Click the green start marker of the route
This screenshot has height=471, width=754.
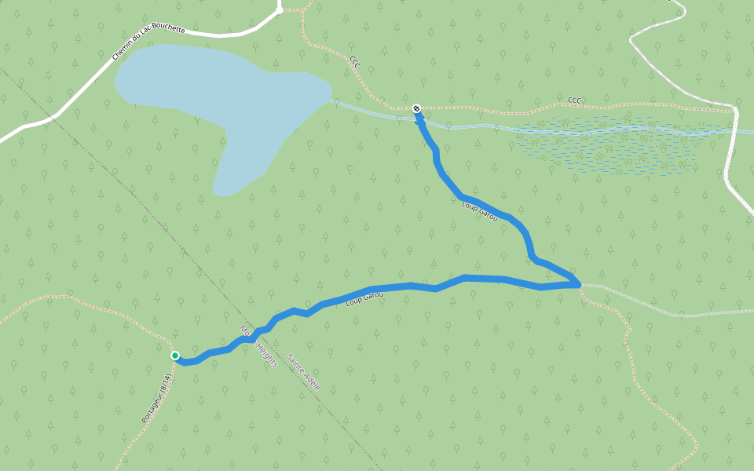click(175, 356)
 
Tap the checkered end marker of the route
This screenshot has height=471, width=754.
click(416, 108)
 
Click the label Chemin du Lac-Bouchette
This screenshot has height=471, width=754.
click(148, 42)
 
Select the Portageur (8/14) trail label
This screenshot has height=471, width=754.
click(156, 399)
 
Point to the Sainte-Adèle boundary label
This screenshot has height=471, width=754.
click(303, 372)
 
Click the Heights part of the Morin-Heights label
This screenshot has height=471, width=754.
click(265, 350)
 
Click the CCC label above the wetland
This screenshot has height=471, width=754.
click(575, 100)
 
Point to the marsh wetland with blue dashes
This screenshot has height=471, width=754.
click(605, 145)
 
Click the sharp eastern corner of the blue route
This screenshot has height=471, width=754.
click(578, 283)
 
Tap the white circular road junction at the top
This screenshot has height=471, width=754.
click(279, 10)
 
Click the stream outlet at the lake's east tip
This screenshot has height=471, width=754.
click(334, 100)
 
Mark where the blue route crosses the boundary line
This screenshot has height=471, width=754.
click(247, 339)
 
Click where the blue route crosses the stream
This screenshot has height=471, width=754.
click(421, 122)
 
